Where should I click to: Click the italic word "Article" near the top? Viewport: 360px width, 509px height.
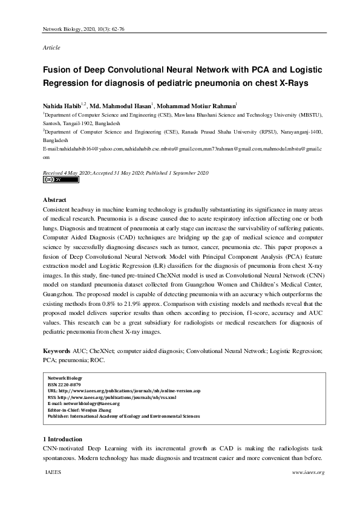pos(51,47)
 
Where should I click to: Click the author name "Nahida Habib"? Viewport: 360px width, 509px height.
pos(62,106)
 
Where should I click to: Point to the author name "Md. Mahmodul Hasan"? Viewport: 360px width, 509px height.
pos(120,106)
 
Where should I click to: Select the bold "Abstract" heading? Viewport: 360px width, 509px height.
pos(55,199)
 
